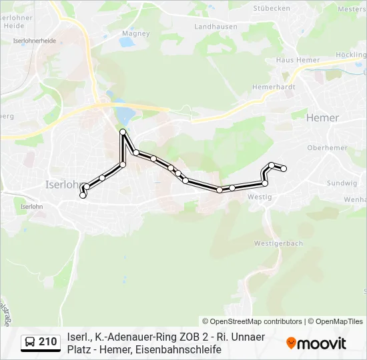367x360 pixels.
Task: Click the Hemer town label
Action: click(x=322, y=118)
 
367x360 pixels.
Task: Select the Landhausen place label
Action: click(x=211, y=27)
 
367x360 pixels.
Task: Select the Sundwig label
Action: click(x=342, y=183)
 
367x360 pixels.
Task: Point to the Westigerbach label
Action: click(x=278, y=243)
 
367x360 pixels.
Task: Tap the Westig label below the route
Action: click(x=259, y=197)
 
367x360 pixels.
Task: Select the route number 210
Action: click(x=48, y=343)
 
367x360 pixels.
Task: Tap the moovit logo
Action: click(x=316, y=343)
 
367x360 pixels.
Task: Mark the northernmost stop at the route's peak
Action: click(x=123, y=133)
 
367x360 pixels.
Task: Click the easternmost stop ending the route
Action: click(x=284, y=169)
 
